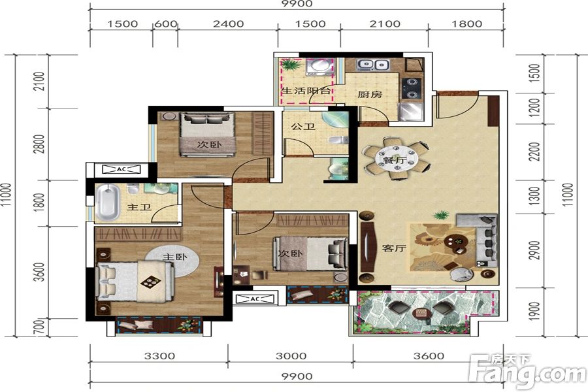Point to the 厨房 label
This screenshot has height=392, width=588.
369,94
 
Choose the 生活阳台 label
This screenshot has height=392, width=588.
306,91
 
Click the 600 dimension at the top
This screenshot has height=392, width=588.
165,24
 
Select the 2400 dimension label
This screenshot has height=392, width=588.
228,24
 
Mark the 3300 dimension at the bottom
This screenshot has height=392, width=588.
158,356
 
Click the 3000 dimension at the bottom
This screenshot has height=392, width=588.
291,356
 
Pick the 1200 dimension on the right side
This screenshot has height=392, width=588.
533,107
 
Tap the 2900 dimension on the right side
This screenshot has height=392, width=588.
533,251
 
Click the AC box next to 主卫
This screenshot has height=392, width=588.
122,169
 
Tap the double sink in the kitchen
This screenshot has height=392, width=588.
373,65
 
